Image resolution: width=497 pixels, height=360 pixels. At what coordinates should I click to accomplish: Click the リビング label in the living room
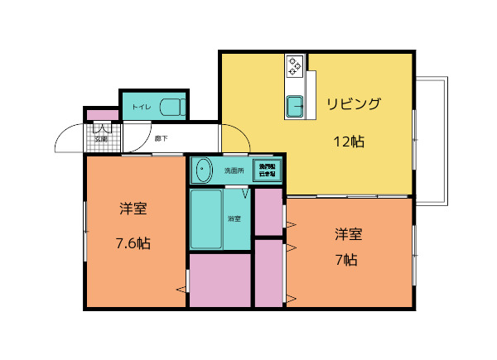click(353, 103)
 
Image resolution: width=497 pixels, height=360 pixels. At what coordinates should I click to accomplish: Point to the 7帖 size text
click(346, 259)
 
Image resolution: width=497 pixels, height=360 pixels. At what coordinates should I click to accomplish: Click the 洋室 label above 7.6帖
click(133, 209)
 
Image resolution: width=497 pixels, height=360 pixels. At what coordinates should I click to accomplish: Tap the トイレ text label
click(141, 108)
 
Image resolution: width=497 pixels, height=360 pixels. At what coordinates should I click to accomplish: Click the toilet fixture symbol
click(171, 107)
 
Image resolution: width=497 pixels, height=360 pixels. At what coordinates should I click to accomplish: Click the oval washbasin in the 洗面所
click(203, 170)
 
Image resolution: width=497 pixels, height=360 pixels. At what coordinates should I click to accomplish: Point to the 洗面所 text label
click(234, 170)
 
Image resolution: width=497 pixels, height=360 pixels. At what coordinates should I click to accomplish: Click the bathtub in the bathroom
click(206, 218)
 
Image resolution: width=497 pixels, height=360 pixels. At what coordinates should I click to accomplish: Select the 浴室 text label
click(234, 218)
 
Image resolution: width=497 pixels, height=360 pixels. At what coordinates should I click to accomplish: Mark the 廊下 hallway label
click(162, 138)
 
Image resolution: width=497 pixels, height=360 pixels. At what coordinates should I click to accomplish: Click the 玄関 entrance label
click(100, 139)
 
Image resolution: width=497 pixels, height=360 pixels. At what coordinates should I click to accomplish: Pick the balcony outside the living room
click(431, 141)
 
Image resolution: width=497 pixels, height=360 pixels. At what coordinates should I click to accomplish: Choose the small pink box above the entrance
click(102, 114)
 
